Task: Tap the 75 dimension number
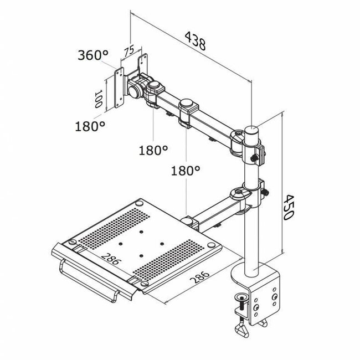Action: (x=129, y=52)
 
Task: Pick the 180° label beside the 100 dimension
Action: (x=90, y=126)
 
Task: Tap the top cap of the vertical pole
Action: (x=252, y=128)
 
